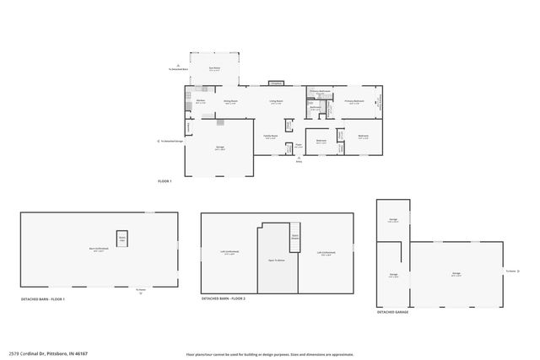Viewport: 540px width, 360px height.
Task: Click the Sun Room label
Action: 214,68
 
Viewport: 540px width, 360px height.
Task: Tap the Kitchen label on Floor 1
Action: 202,102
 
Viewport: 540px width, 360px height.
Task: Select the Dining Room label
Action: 230,102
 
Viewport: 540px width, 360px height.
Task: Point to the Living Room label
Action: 276,102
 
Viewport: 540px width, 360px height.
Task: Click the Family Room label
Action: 271,137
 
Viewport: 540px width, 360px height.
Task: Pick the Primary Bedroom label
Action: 354,102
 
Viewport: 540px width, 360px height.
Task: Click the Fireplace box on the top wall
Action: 276,83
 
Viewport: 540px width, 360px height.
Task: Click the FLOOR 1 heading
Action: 165,181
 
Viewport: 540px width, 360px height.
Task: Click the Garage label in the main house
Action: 219,148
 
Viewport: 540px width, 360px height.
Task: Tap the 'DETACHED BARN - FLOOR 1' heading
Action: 43,300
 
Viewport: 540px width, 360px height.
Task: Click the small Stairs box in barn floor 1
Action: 121,239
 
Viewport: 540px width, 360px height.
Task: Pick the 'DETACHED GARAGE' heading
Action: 393,312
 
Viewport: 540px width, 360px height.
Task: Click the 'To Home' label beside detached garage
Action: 510,271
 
